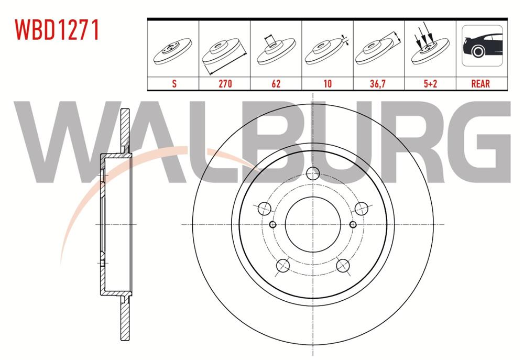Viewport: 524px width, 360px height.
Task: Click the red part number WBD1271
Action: click(x=57, y=30)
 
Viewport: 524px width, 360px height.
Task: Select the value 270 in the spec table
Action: click(x=224, y=83)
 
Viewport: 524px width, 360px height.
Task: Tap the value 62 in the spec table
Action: click(x=276, y=83)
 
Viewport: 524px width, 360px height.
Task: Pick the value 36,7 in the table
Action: click(x=378, y=83)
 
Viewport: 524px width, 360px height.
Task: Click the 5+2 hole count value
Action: click(x=430, y=83)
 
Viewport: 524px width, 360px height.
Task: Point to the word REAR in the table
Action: click(x=481, y=83)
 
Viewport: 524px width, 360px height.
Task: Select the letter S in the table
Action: click(x=173, y=83)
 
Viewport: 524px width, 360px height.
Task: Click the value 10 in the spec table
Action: click(x=327, y=83)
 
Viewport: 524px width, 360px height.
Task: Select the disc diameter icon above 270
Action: click(x=224, y=52)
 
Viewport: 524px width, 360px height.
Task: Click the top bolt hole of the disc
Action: click(x=313, y=174)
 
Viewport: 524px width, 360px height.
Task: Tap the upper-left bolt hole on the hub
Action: click(x=265, y=209)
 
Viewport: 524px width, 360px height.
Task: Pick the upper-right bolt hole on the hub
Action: click(x=361, y=209)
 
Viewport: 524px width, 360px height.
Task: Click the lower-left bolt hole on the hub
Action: click(x=283, y=265)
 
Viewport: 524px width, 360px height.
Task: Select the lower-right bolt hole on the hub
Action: click(x=343, y=265)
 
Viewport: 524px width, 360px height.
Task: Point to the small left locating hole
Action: click(x=272, y=224)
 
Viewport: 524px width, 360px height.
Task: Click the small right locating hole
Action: click(x=354, y=224)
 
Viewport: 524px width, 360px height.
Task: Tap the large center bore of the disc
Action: click(x=313, y=224)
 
